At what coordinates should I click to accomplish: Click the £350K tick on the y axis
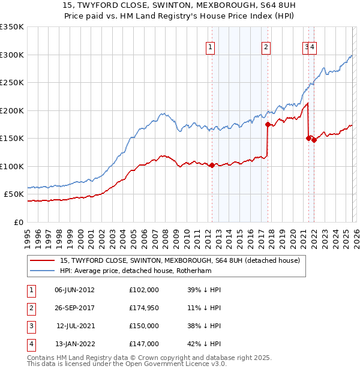(x=12, y=27)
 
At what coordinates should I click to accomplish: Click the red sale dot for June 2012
(x=212, y=165)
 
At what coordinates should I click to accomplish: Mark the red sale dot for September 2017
(x=268, y=125)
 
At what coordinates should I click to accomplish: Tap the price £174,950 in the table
(x=144, y=308)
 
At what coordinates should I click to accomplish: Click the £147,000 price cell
(x=144, y=344)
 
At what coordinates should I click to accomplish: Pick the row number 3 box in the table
(x=30, y=326)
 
